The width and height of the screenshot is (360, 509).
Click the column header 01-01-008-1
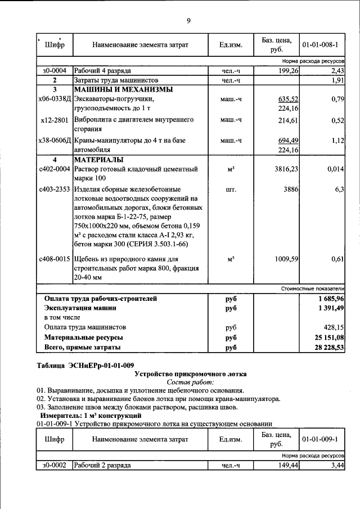click(x=323, y=44)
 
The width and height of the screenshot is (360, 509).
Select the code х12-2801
click(x=55, y=120)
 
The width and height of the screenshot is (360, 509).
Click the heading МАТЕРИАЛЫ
click(x=98, y=160)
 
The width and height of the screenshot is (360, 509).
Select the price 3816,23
click(x=286, y=169)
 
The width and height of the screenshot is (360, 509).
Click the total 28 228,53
click(x=326, y=348)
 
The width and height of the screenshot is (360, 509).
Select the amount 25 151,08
click(x=326, y=337)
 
